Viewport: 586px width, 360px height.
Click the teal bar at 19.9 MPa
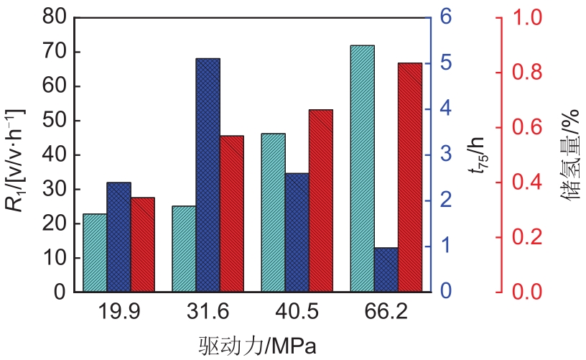click(95, 253)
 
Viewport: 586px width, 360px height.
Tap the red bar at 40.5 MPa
click(321, 201)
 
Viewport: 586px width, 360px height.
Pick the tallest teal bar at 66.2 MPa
click(362, 169)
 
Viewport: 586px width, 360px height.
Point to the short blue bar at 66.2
click(386, 270)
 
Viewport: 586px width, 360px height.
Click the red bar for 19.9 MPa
click(142, 245)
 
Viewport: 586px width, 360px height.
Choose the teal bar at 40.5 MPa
click(273, 213)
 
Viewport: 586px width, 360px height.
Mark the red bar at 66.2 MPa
click(410, 177)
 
